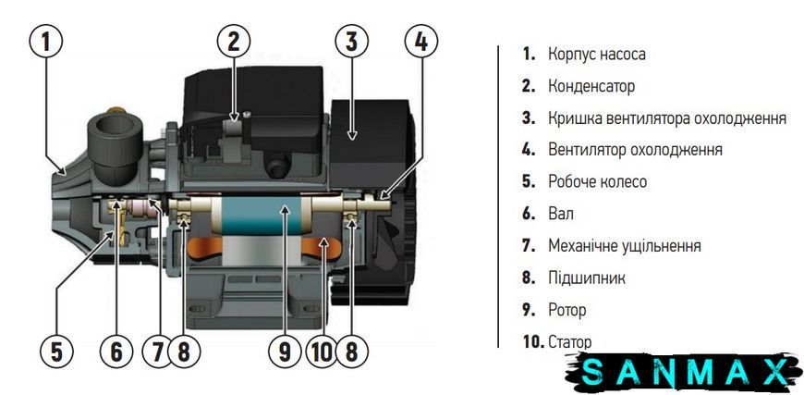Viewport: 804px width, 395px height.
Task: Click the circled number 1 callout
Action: [46, 42]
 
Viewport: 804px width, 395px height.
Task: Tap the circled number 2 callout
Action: [234, 42]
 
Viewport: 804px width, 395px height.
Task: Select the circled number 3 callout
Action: [352, 42]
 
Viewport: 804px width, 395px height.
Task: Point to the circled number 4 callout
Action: [421, 42]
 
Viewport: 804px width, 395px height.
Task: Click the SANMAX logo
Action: [685, 373]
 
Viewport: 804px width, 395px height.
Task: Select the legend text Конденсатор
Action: [591, 86]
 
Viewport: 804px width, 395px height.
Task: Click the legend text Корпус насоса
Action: [597, 54]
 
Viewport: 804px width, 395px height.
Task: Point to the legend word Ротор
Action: [567, 310]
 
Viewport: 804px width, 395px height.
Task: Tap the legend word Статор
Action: [569, 342]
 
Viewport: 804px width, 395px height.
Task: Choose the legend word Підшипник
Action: [587, 278]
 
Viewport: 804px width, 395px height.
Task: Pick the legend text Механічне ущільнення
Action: [625, 246]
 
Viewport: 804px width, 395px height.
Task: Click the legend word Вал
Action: [561, 214]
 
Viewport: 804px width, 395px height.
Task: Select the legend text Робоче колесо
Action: [597, 181]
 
